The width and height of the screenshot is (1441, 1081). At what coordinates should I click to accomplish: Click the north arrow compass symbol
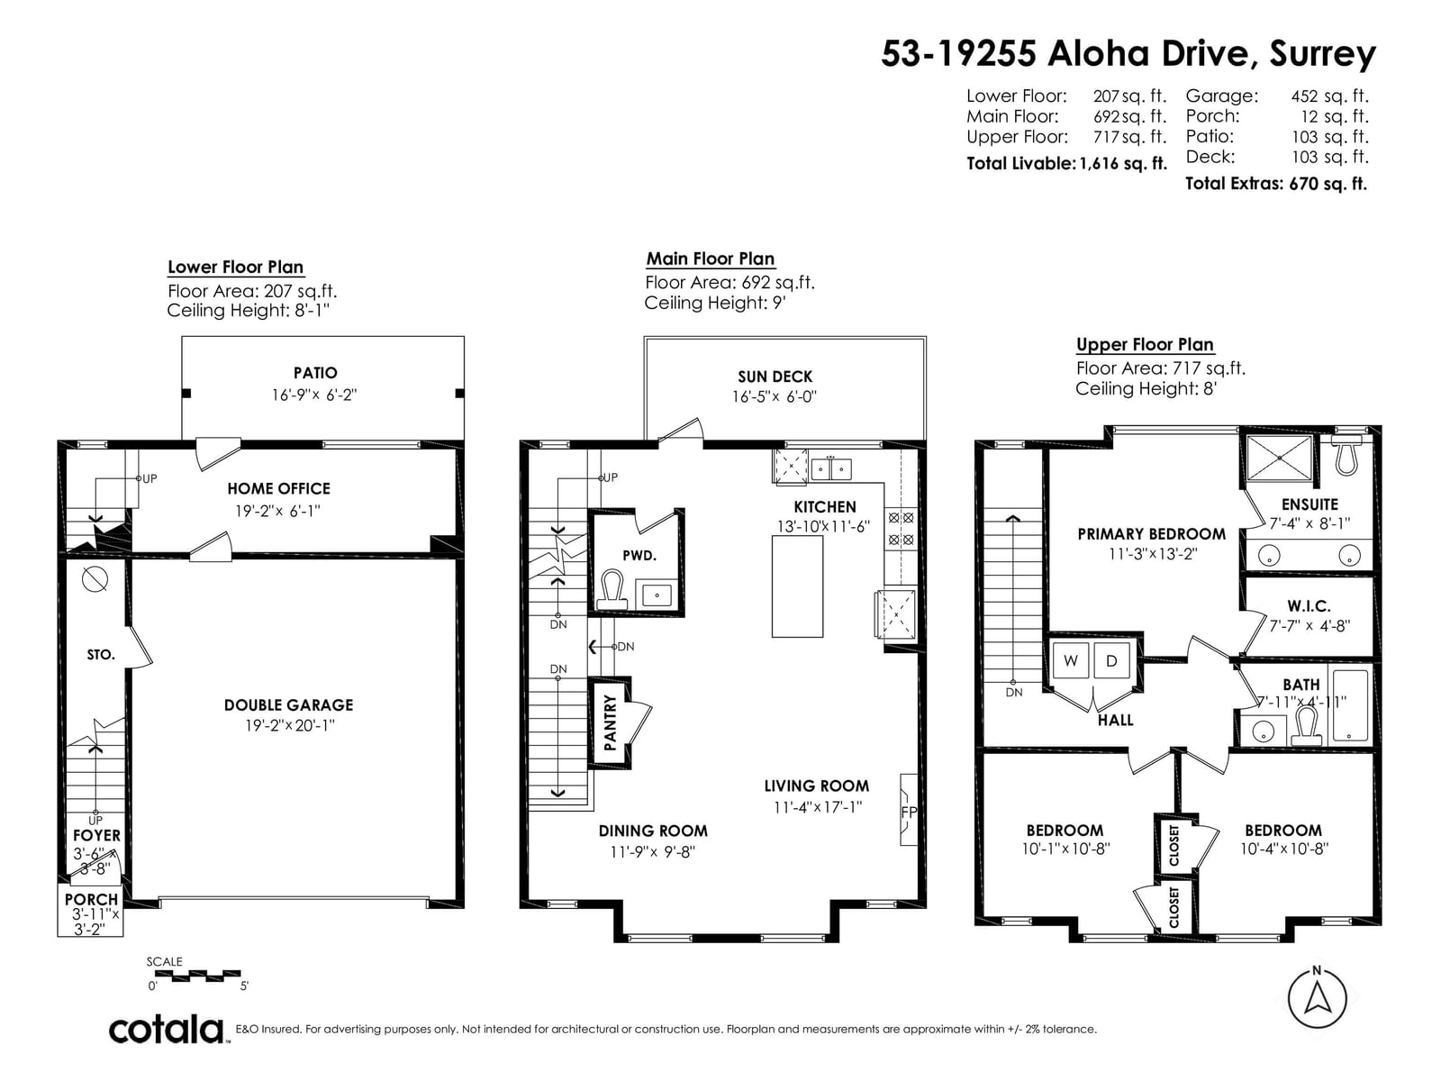tap(1317, 997)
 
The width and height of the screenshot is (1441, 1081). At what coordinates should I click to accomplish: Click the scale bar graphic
tap(197, 976)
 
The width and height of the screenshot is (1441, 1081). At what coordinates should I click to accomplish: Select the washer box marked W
tap(1070, 660)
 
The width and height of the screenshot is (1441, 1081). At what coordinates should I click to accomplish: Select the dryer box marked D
tap(1110, 660)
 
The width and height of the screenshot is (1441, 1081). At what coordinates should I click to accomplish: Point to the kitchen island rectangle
tap(797, 586)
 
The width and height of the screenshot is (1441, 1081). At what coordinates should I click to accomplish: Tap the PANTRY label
tap(610, 722)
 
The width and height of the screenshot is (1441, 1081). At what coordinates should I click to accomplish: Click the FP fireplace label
tap(909, 812)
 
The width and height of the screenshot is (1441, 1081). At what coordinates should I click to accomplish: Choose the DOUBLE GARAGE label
tap(289, 705)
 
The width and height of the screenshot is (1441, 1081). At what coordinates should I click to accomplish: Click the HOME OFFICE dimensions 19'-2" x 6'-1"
tap(277, 511)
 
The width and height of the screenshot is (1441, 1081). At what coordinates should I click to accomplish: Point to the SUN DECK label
tap(775, 377)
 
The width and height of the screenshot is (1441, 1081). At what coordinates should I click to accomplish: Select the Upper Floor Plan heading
tap(1145, 345)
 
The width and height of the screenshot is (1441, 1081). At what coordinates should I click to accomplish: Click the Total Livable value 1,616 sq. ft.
tap(1123, 163)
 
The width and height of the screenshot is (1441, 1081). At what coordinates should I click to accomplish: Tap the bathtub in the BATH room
tap(1350, 705)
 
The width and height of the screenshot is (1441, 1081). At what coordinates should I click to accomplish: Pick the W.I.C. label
tap(1309, 605)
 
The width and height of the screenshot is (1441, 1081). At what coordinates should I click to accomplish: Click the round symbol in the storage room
tap(95, 579)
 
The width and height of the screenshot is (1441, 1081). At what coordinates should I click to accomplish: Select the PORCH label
tap(91, 898)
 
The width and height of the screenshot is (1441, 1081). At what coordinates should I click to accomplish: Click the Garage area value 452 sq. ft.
tap(1329, 95)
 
